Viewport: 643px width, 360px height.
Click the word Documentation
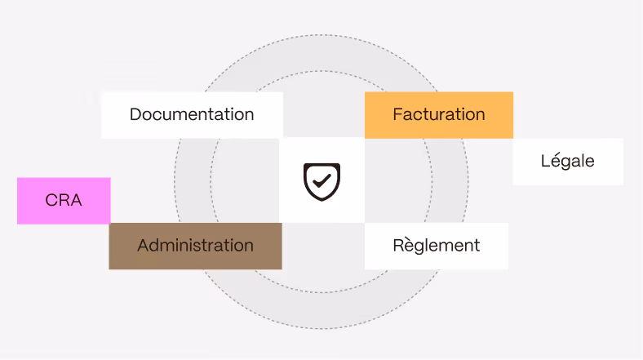click(x=192, y=114)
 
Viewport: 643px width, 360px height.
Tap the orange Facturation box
click(x=439, y=114)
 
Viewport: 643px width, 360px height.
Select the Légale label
click(x=567, y=161)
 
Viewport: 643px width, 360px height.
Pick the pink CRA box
click(x=64, y=200)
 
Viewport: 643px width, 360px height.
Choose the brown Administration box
click(x=195, y=246)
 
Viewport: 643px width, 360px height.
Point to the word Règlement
click(x=436, y=245)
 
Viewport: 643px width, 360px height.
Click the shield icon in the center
click(x=321, y=180)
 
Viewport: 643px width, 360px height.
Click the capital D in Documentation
click(x=135, y=114)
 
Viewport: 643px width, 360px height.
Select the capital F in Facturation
click(x=397, y=114)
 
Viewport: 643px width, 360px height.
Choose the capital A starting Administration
click(x=144, y=245)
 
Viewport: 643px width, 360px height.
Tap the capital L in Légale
click(x=545, y=161)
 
